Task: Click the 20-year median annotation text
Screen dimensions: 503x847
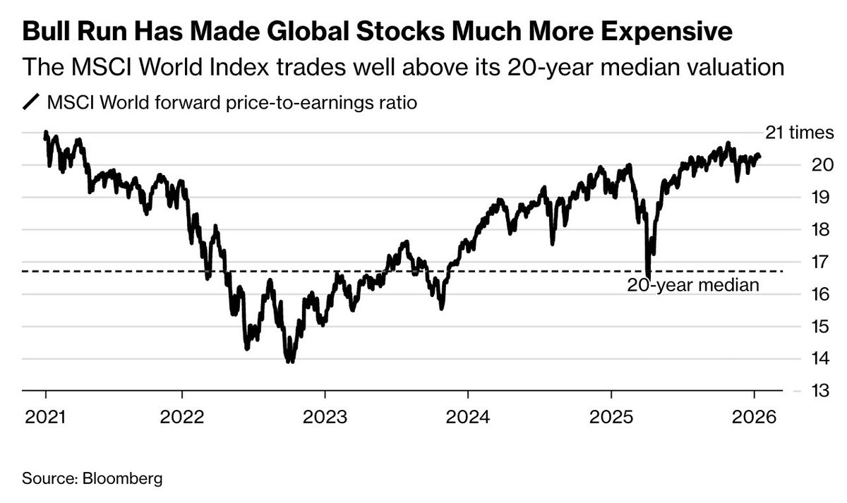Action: pyautogui.click(x=692, y=286)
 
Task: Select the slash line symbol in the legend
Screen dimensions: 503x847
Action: pyautogui.click(x=32, y=103)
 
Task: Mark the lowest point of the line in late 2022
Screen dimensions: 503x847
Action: pyautogui.click(x=289, y=361)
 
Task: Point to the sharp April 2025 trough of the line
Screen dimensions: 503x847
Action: pyautogui.click(x=648, y=275)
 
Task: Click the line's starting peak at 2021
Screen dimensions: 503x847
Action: pyautogui.click(x=46, y=133)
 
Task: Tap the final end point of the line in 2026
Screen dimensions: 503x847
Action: pyautogui.click(x=759, y=156)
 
